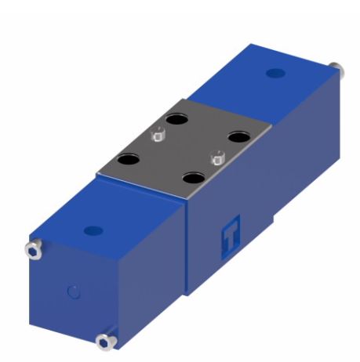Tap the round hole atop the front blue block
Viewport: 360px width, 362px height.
93,231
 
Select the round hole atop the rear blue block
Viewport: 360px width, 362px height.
274,73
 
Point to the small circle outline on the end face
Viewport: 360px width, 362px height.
73,293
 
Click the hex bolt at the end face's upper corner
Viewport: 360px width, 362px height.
34,248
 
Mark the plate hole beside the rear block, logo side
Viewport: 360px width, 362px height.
238,137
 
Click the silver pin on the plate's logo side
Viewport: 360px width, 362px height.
218,160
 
